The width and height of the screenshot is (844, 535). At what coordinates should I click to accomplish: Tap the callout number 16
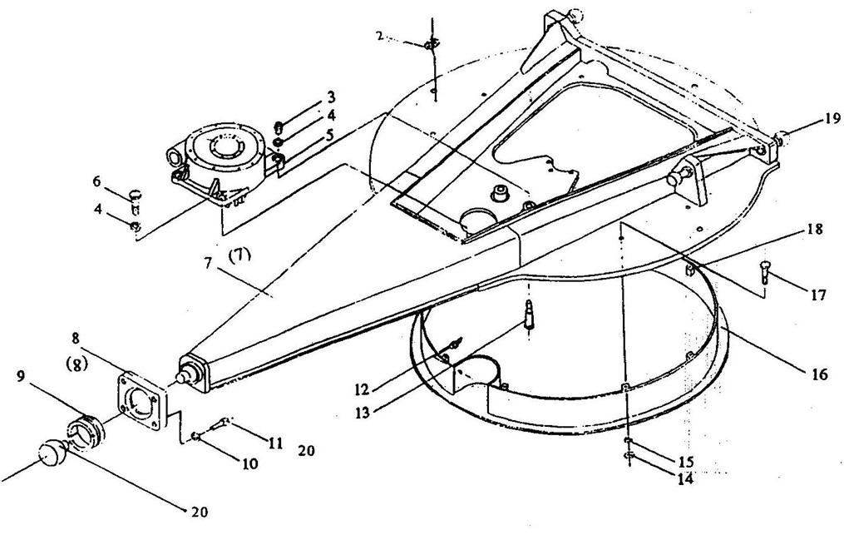[820, 374]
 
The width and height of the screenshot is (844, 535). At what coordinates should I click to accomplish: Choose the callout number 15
[686, 460]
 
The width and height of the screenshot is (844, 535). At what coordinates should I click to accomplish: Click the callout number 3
[330, 97]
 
